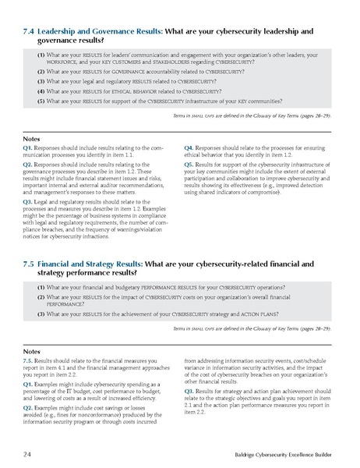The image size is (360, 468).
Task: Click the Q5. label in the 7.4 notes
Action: click(x=189, y=165)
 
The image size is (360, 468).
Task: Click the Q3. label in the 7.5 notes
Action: click(x=189, y=392)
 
